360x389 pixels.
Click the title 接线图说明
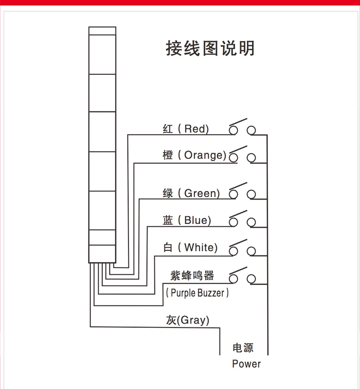pyautogui.click(x=210, y=48)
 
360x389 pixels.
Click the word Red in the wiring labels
pyautogui.click(x=195, y=129)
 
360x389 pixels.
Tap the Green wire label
pyautogui.click(x=202, y=193)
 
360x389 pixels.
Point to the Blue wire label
pyautogui.click(x=197, y=220)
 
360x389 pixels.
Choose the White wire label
pyautogui.click(x=201, y=248)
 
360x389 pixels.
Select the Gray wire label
pyautogui.click(x=193, y=320)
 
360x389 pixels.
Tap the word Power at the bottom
pyautogui.click(x=246, y=364)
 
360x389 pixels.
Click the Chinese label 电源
pyautogui.click(x=243, y=348)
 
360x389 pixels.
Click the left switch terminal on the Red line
pyautogui.click(x=234, y=131)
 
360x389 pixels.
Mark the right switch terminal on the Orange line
pyautogui.click(x=251, y=158)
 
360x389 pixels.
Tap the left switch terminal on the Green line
pyautogui.click(x=234, y=195)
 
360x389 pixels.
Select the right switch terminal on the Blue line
pyautogui.click(x=251, y=222)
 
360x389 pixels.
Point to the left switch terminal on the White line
pyautogui.click(x=234, y=251)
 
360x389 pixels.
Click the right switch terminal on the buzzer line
pyautogui.click(x=251, y=278)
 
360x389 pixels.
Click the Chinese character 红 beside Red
pyautogui.click(x=168, y=129)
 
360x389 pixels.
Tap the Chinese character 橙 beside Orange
pyautogui.click(x=168, y=155)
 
